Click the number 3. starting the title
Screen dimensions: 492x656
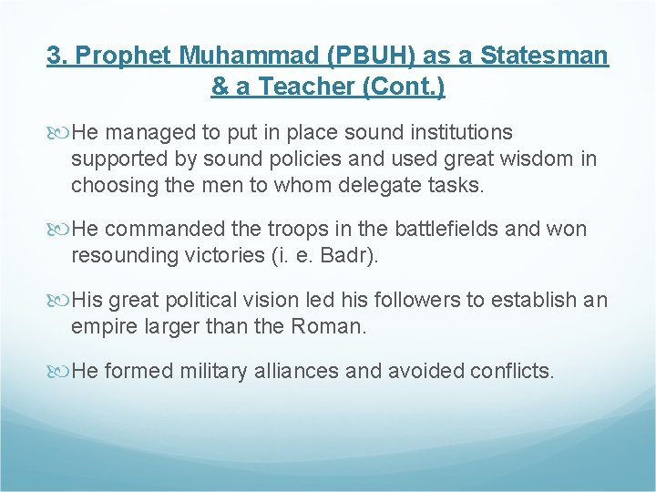pyautogui.click(x=58, y=56)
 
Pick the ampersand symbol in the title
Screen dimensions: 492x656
pyautogui.click(x=220, y=87)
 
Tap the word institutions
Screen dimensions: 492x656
pyautogui.click(x=450, y=133)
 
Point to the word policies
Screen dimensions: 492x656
pyautogui.click(x=288, y=159)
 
